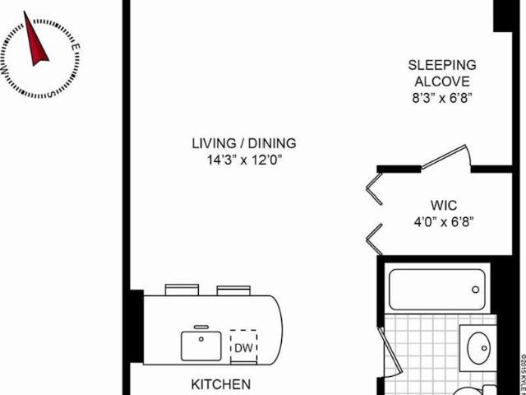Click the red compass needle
(35, 42)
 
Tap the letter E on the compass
(76, 47)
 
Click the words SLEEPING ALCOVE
(442, 73)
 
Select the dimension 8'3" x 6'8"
(442, 99)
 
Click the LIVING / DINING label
(244, 143)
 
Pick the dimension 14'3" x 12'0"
(244, 160)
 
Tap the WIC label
(444, 205)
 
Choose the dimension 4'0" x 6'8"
(444, 221)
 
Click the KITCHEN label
(221, 384)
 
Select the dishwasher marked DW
(243, 347)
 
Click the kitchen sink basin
(201, 346)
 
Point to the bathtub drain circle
(475, 290)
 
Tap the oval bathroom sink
(478, 348)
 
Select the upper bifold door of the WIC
(375, 188)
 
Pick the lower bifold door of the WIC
(375, 239)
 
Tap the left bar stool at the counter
(182, 290)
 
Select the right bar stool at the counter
(233, 290)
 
